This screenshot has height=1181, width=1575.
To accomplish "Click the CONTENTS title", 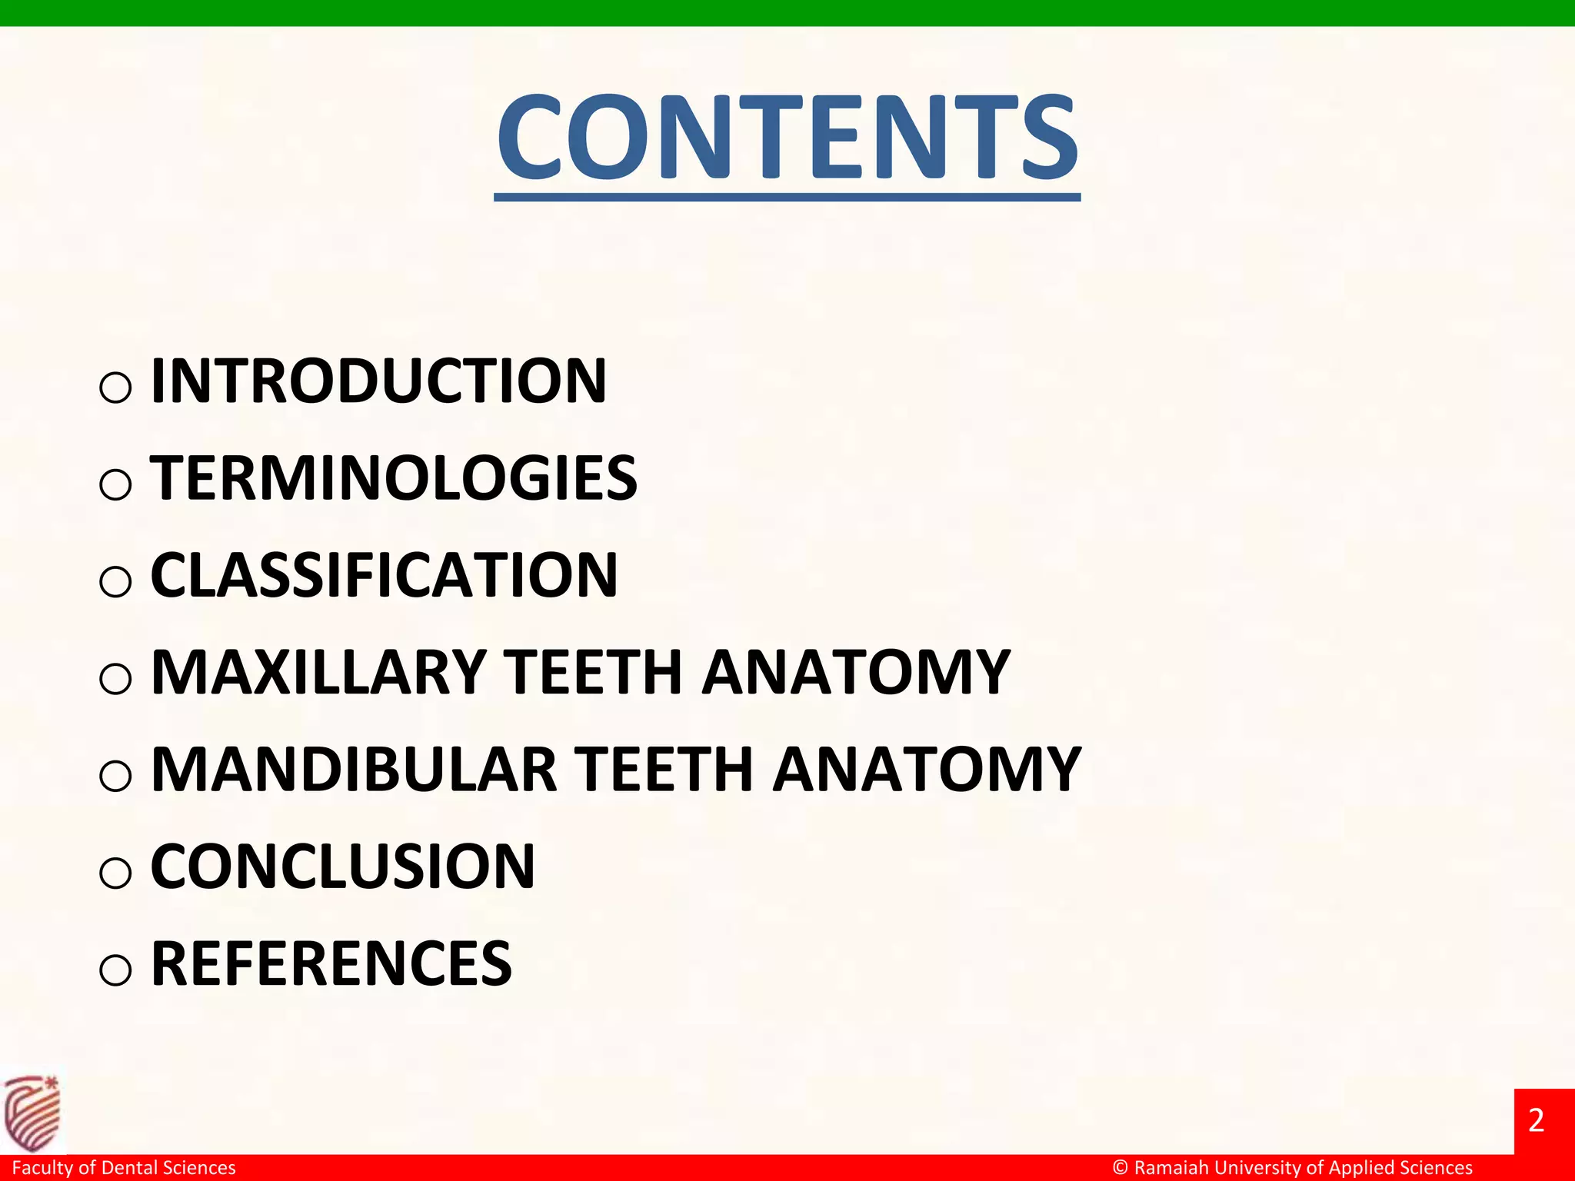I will [x=787, y=138].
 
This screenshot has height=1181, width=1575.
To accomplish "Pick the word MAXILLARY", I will [x=318, y=672].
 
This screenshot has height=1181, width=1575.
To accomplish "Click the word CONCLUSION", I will [x=343, y=866].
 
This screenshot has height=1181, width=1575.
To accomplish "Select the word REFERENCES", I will [x=331, y=963].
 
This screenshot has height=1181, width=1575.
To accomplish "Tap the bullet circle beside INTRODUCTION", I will [x=115, y=387].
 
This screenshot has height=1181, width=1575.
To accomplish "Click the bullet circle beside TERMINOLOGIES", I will [x=115, y=484].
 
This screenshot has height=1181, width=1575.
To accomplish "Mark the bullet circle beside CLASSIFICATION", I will [x=115, y=581].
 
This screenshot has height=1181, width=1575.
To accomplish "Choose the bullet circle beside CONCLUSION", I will [x=115, y=873].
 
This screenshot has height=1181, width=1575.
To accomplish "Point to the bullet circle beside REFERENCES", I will [x=115, y=970].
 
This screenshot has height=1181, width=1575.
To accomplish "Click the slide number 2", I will [x=1537, y=1120].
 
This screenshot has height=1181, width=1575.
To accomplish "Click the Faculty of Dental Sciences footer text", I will [x=124, y=1168].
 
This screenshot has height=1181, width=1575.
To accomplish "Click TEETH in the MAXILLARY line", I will [x=593, y=672].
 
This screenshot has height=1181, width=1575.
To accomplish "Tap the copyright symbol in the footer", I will [x=1120, y=1168].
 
